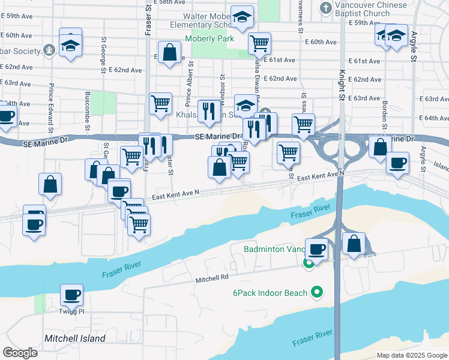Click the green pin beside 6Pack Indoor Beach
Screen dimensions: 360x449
318,293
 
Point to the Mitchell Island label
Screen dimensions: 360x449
75,338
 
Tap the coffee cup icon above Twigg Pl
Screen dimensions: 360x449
71,295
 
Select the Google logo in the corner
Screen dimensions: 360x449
20,353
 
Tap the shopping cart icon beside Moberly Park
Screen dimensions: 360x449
259,43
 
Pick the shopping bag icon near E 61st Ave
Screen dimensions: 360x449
170,52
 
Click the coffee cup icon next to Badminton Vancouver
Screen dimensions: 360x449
316,248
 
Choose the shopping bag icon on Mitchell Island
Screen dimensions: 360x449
354,244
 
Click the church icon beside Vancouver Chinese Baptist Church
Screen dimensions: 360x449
325,8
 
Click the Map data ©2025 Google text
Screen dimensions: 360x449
412,355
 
